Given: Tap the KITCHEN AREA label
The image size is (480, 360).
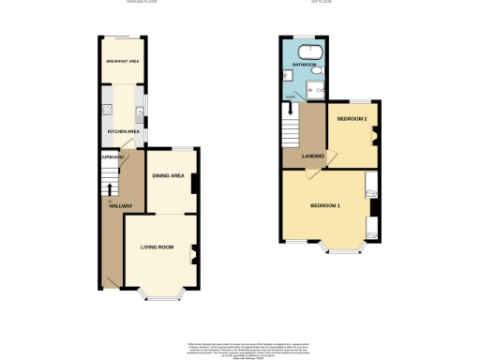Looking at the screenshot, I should [x=124, y=132].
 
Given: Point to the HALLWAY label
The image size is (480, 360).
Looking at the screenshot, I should [x=119, y=205].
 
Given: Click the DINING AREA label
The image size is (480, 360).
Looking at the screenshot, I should [x=170, y=175].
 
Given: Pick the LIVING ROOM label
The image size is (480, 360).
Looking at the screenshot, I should [x=157, y=247].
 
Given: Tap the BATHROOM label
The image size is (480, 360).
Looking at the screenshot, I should [x=303, y=65].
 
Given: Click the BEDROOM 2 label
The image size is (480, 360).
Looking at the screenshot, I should [x=352, y=119].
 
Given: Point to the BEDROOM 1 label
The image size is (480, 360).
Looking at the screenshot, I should [x=325, y=205].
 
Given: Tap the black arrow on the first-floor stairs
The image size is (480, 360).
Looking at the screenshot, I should [x=291, y=109].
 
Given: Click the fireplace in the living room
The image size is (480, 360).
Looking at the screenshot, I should [x=194, y=251].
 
